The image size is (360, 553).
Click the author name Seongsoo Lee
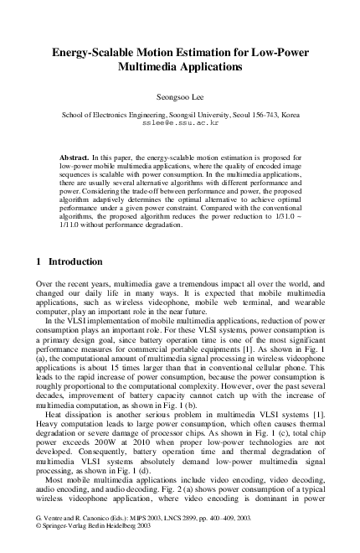tap(180, 96)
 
